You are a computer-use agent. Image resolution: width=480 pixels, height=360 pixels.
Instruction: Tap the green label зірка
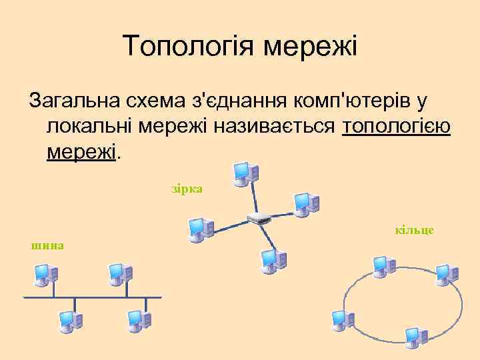click(x=187, y=189)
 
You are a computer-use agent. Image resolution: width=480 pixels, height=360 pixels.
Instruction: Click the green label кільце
click(x=414, y=230)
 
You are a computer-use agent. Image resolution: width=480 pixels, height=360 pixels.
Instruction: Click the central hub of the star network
click(x=257, y=218)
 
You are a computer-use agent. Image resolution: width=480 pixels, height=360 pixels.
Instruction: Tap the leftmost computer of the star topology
click(x=199, y=229)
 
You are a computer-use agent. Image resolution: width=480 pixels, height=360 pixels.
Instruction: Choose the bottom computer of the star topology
click(x=270, y=259)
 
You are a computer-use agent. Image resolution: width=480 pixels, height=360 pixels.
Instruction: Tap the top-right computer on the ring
click(x=444, y=273)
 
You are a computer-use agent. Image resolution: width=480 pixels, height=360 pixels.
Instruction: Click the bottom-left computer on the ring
click(x=342, y=321)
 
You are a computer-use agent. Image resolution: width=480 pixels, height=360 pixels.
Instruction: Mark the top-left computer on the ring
click(x=383, y=265)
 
